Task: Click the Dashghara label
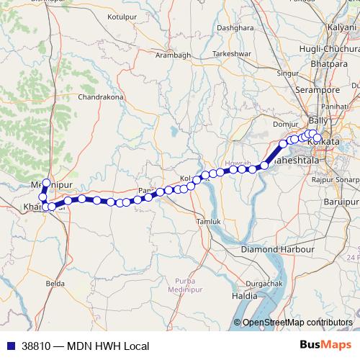click(x=235, y=28)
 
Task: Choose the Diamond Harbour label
click(x=278, y=249)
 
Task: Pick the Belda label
click(x=55, y=284)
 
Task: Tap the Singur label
click(x=288, y=73)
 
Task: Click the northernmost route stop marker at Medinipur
click(x=47, y=183)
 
